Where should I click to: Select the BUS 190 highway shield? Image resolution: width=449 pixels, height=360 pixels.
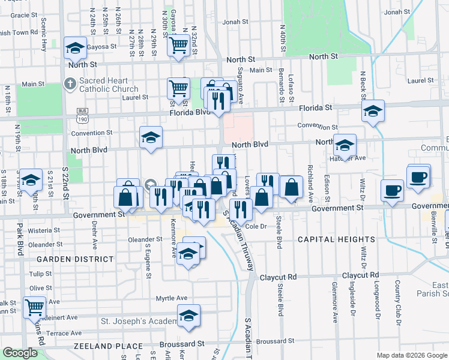[x=83, y=115]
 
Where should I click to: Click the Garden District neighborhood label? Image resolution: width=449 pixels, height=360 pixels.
[x=75, y=259]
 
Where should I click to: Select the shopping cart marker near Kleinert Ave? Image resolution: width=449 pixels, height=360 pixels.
[x=34, y=307]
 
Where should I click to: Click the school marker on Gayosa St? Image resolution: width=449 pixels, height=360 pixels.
[x=75, y=47]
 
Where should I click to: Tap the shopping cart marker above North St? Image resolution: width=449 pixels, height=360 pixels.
[x=179, y=44]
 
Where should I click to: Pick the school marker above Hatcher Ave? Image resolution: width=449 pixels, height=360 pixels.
[x=345, y=145]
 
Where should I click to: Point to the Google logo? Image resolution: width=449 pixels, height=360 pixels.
[x=20, y=353]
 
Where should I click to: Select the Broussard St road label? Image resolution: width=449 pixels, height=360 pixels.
[x=182, y=344]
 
